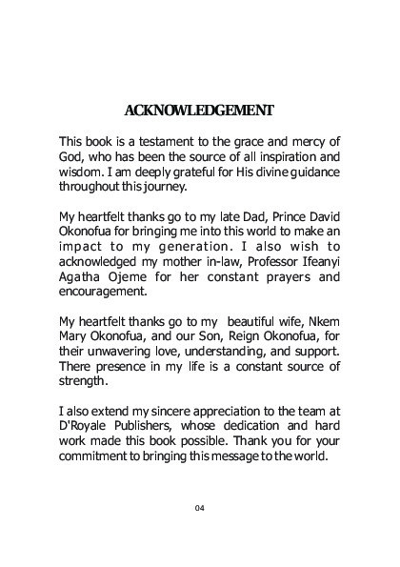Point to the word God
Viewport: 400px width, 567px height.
(72, 156)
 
